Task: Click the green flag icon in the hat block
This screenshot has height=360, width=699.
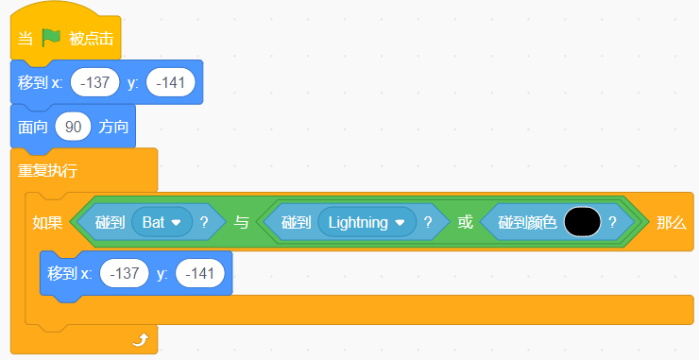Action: [51, 38]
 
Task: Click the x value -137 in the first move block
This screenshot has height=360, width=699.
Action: [95, 82]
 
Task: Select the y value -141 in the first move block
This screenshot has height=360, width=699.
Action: [171, 82]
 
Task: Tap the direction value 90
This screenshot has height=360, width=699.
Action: [73, 127]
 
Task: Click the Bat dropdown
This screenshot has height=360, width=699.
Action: [162, 222]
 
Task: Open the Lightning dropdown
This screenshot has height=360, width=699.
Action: [367, 222]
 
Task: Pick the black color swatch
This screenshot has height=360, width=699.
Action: [582, 222]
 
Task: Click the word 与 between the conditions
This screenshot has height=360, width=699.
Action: [241, 222]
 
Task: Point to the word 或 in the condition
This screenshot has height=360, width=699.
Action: [465, 222]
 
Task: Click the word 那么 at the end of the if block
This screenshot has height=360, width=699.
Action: [671, 222]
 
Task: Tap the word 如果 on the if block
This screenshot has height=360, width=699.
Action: [47, 222]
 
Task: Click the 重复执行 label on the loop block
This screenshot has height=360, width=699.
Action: [47, 170]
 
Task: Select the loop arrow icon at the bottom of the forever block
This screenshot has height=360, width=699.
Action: [141, 341]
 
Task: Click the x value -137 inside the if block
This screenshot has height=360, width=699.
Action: [125, 273]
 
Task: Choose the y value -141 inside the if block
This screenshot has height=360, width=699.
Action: [200, 273]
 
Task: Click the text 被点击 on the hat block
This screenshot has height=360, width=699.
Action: [91, 39]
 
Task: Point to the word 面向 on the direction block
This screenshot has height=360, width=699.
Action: [32, 128]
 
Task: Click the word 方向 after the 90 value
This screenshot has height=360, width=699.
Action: [113, 128]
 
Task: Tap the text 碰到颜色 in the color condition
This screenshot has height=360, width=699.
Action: [527, 222]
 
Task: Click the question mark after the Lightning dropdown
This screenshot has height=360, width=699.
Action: [428, 222]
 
